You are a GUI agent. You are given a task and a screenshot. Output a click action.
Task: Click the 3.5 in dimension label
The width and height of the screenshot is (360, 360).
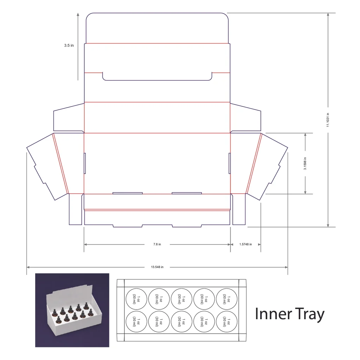(x=69, y=45)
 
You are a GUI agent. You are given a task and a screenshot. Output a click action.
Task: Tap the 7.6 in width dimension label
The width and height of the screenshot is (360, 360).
(x=157, y=244)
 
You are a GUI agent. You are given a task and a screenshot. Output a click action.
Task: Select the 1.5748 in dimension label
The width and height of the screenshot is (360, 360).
(x=245, y=244)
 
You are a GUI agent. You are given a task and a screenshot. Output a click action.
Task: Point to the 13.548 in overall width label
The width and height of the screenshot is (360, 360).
(x=157, y=267)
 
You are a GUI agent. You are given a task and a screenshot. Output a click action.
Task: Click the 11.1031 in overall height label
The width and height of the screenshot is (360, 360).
(x=328, y=120)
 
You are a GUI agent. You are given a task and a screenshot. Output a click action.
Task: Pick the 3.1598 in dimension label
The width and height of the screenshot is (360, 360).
(x=305, y=163)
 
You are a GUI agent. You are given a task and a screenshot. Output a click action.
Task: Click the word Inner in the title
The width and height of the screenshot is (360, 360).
(x=274, y=314)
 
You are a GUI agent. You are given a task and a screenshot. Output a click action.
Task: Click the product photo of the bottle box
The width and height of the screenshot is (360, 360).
(x=72, y=310)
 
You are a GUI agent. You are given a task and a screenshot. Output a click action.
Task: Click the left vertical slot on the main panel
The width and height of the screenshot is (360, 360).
(x=85, y=163)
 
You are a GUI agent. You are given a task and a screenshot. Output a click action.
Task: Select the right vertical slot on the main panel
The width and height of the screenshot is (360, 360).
(x=230, y=163)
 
